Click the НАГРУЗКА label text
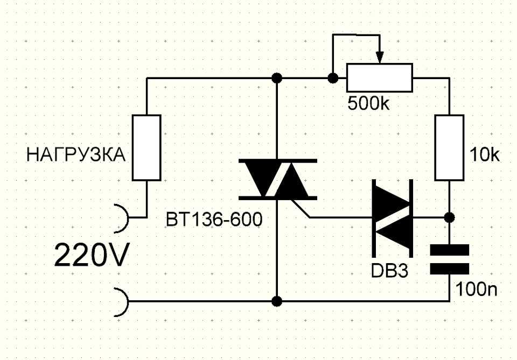click(76, 155)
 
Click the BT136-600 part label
click(214, 219)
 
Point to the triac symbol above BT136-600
click(278, 179)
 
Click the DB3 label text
click(389, 271)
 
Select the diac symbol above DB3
click(393, 218)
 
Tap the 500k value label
click(368, 103)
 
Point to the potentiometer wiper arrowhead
click(380, 58)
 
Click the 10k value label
click(484, 155)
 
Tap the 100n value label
click(476, 290)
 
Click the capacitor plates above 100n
click(449, 259)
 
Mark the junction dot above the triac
click(277, 78)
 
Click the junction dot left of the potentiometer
click(333, 78)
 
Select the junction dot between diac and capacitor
click(449, 217)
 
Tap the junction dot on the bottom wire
click(277, 301)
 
